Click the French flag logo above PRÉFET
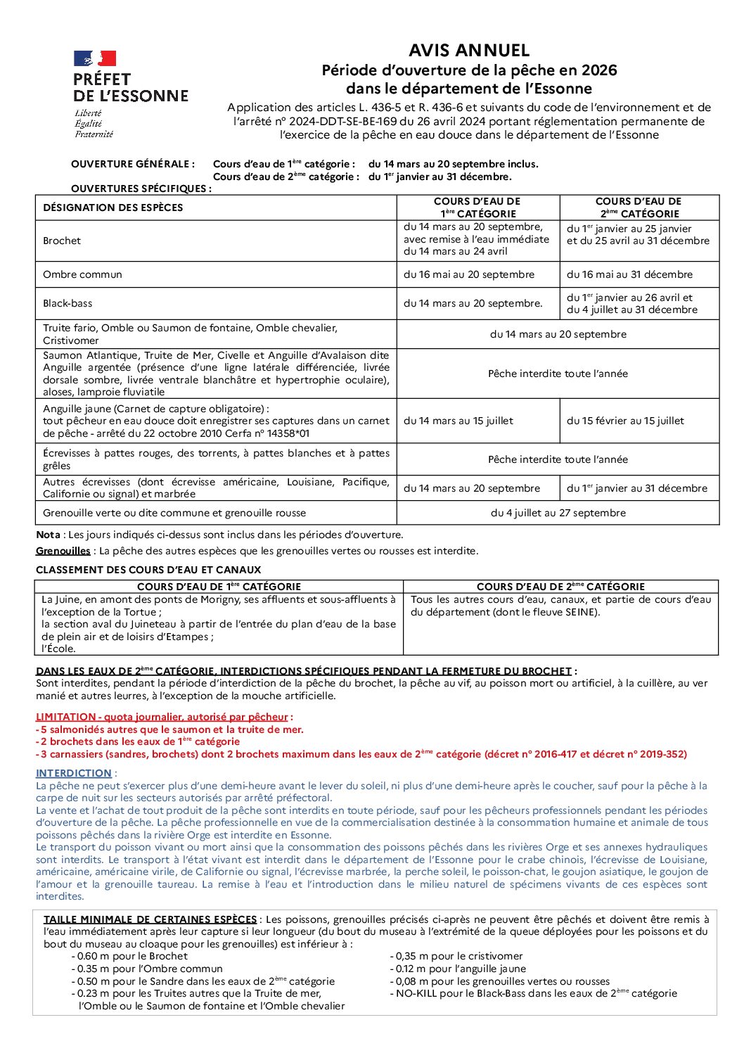point(95,58)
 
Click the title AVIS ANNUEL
point(469,50)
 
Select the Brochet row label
point(62,241)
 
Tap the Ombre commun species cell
point(82,274)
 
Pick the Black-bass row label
point(68,303)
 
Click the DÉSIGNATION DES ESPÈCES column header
point(113,208)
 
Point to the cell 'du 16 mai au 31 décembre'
point(629,274)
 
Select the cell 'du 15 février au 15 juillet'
point(625,421)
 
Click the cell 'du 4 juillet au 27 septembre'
point(558,513)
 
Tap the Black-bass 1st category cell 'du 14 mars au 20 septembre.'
point(473,303)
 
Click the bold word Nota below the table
point(48,535)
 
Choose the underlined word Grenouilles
point(63,551)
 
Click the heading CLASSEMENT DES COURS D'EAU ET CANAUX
point(148,570)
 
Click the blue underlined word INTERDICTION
point(74,773)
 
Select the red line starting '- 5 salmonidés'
point(169,729)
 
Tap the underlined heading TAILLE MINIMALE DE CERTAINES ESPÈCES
point(150,919)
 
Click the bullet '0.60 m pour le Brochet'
point(130,956)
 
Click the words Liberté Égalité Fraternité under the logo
point(94,123)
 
